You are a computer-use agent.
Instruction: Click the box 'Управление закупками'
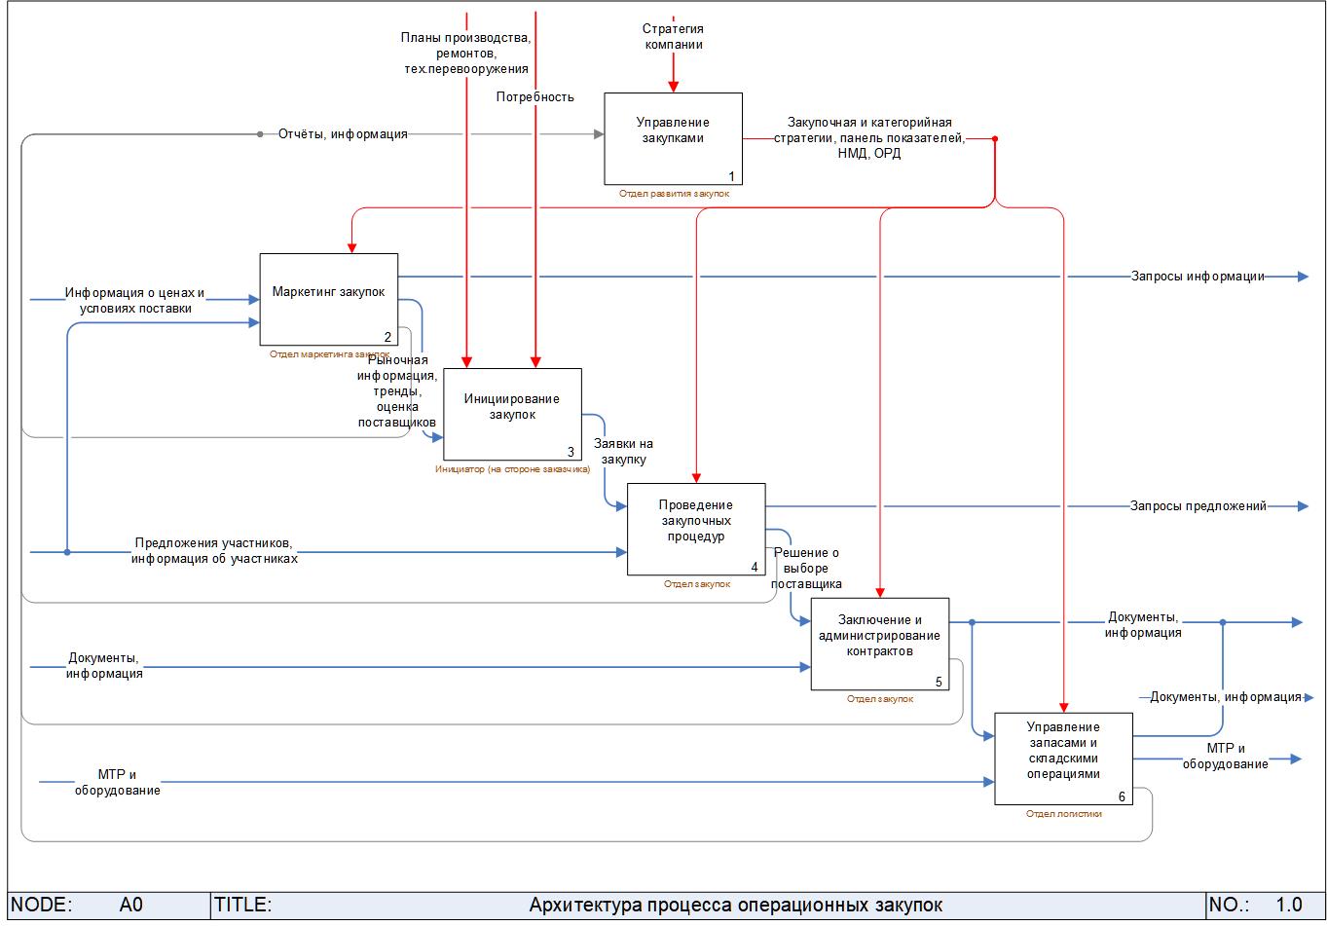point(673,138)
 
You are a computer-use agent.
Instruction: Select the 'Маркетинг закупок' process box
point(328,299)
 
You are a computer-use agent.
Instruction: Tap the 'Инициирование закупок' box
point(512,414)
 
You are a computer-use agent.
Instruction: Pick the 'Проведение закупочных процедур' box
point(696,529)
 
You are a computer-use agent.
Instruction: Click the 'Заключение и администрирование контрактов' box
point(879,644)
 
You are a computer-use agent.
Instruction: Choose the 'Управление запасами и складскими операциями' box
point(1063,759)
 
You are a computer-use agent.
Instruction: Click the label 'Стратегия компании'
point(673,37)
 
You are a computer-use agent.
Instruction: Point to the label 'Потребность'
point(534,97)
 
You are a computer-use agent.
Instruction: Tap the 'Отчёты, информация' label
point(343,134)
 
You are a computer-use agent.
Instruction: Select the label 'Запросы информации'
point(1198,277)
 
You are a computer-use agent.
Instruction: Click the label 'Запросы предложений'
point(1198,506)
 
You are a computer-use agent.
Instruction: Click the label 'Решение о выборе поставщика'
point(806,569)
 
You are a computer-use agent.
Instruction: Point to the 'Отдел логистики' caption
point(1063,814)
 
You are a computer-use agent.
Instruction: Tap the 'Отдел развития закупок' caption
point(673,194)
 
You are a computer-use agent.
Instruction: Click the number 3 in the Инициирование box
point(571,452)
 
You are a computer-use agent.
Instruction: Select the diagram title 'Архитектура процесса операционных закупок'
point(735,906)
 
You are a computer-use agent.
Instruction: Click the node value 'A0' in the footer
point(130,906)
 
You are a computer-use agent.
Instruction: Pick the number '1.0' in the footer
point(1289,906)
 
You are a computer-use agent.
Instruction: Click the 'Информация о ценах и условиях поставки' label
point(135,300)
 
